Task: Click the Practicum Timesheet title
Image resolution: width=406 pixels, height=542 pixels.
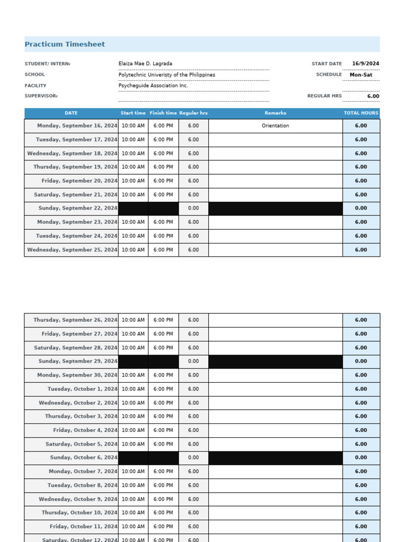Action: [64, 44]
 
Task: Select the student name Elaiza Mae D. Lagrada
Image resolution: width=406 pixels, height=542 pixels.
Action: [145, 64]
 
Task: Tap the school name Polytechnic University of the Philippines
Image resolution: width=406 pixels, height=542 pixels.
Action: [167, 75]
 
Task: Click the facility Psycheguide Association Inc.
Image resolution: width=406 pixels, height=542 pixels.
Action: [153, 86]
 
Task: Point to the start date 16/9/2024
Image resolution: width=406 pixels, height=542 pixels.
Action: [365, 64]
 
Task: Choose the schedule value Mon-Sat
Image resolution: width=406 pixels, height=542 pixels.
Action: [361, 75]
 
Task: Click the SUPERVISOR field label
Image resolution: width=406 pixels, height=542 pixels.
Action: [41, 96]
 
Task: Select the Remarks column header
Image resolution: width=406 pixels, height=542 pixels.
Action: [275, 113]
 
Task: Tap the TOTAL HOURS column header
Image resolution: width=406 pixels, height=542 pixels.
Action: [361, 113]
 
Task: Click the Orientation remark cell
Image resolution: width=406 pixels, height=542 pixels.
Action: [275, 126]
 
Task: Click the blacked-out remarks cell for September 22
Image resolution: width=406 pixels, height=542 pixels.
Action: [275, 209]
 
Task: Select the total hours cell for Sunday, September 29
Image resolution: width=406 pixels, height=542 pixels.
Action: [361, 362]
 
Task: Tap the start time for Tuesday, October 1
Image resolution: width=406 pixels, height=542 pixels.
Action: [133, 389]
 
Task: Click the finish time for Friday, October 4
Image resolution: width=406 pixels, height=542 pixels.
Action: [163, 430]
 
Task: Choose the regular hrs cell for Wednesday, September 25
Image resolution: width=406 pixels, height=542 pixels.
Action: [193, 250]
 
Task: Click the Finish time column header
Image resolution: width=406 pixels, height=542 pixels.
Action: [163, 113]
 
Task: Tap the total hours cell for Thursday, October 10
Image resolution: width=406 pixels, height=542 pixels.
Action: [361, 513]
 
